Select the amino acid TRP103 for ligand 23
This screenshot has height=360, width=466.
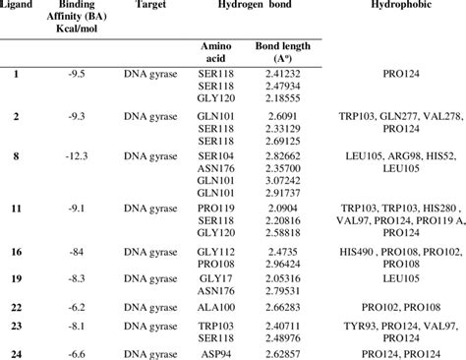pyautogui.click(x=214, y=326)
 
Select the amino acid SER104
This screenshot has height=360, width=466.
pyautogui.click(x=214, y=156)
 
